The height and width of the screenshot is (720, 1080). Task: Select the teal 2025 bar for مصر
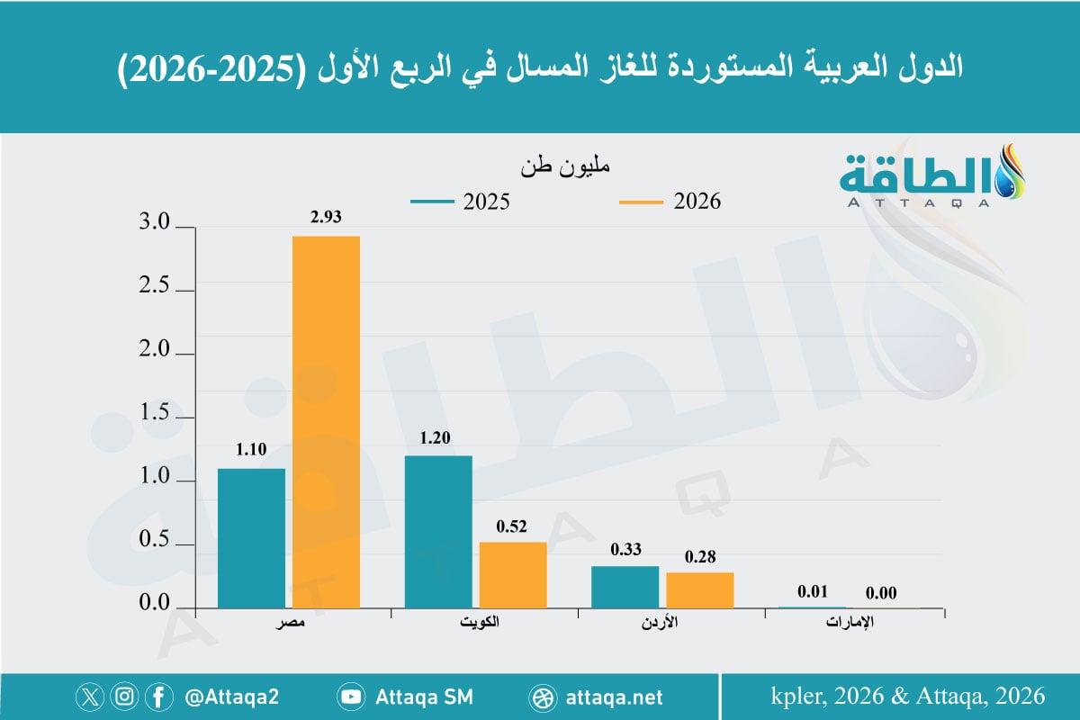tap(251, 537)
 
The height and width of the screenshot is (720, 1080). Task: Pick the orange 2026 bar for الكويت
tap(513, 574)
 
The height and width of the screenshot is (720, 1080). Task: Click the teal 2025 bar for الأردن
tap(625, 587)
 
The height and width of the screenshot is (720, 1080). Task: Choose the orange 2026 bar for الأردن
tap(700, 589)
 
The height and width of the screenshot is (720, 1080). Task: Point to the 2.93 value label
tap(326, 217)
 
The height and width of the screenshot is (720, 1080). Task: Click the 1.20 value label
tap(438, 437)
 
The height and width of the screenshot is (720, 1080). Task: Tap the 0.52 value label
tap(513, 526)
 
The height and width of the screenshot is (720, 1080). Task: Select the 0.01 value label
tap(813, 592)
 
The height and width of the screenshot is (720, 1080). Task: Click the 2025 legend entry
tap(460, 202)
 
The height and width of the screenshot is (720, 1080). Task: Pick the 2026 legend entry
tap(670, 202)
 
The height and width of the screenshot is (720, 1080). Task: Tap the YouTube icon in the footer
tap(350, 697)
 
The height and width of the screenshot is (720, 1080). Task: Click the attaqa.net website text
tap(616, 697)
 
